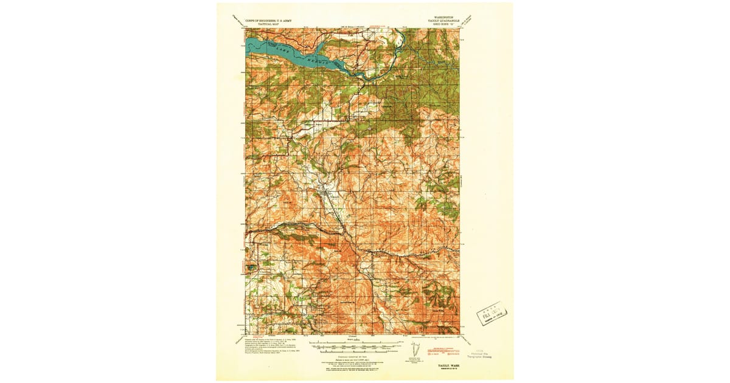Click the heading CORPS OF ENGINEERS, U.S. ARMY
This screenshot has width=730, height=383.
268,21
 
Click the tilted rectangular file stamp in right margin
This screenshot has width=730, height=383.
492,312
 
